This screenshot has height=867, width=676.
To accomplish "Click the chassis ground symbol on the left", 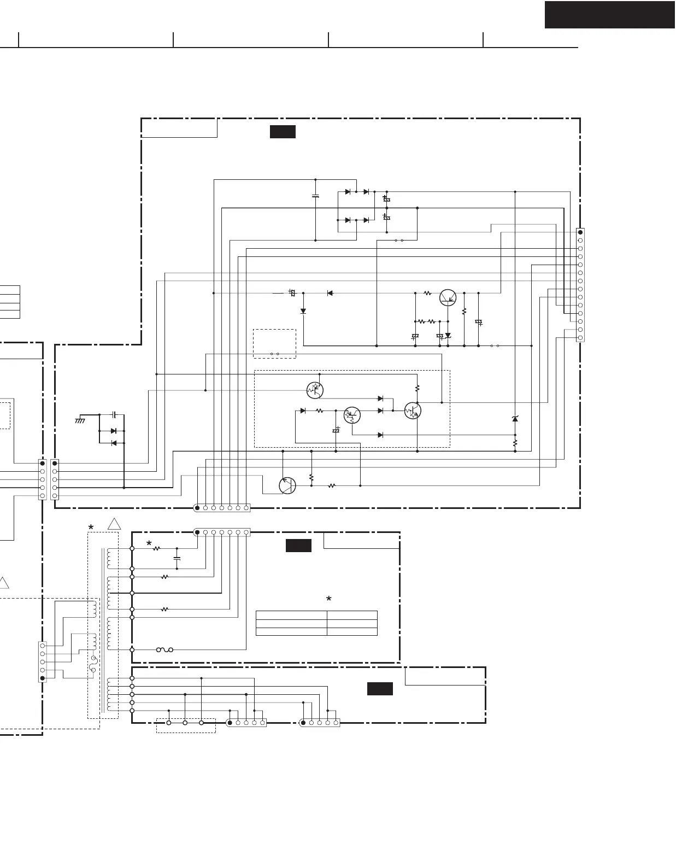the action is pyautogui.click(x=80, y=420).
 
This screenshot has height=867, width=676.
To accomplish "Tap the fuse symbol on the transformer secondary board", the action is pyautogui.click(x=164, y=649).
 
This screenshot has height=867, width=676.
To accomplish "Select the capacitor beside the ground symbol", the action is pyautogui.click(x=114, y=415).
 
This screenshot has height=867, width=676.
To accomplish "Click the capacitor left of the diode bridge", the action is pyautogui.click(x=315, y=196).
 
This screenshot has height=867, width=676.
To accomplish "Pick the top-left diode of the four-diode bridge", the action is pyautogui.click(x=348, y=192).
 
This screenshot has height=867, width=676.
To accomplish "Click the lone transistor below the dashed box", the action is pyautogui.click(x=287, y=485).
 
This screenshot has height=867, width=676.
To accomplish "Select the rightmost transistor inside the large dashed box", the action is pyautogui.click(x=413, y=411).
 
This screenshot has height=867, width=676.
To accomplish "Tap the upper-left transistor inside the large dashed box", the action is pyautogui.click(x=315, y=390).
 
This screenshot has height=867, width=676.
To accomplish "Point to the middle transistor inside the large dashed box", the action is pyautogui.click(x=352, y=415).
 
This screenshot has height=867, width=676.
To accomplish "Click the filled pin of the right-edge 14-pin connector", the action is pyautogui.click(x=580, y=232).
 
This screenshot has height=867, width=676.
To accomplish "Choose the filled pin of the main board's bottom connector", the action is pyautogui.click(x=197, y=508).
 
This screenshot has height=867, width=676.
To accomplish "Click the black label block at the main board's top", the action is pyautogui.click(x=283, y=132).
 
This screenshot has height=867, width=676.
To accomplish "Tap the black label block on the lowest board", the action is pyautogui.click(x=380, y=689).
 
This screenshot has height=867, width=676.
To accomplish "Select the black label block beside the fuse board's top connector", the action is pyautogui.click(x=298, y=545).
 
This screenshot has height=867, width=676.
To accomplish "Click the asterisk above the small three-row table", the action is pyautogui.click(x=328, y=600).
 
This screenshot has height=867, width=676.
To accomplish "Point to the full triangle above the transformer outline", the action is pyautogui.click(x=114, y=524).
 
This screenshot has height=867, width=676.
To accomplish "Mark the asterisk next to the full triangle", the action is pyautogui.click(x=91, y=528).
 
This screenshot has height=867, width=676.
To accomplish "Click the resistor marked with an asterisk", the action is pyautogui.click(x=156, y=548).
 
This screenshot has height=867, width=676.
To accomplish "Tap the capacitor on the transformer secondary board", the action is pyautogui.click(x=177, y=558).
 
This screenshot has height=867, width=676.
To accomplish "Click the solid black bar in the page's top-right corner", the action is pyautogui.click(x=609, y=14).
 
